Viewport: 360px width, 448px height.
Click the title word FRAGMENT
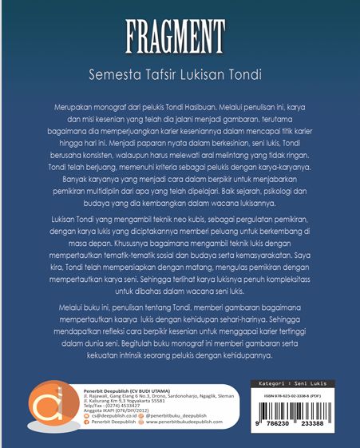180,36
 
